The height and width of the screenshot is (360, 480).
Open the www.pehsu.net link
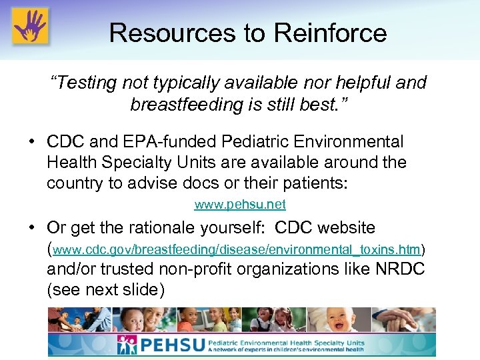click(x=239, y=204)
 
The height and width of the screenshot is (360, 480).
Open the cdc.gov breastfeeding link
click(x=237, y=250)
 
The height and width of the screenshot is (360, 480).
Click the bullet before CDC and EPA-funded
click(x=32, y=142)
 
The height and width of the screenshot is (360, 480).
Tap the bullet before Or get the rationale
click(x=32, y=228)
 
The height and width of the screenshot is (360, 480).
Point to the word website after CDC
click(x=347, y=228)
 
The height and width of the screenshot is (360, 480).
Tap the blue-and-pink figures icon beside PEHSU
click(x=127, y=345)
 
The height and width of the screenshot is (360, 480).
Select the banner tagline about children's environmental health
click(x=287, y=349)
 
